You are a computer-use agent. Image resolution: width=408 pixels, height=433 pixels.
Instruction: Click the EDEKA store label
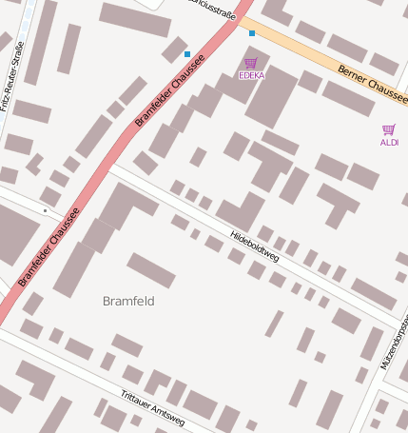[x=252, y=74]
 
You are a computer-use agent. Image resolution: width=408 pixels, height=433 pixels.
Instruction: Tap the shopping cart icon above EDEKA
[x=251, y=63]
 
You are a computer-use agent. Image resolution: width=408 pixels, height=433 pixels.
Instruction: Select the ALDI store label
[x=389, y=142]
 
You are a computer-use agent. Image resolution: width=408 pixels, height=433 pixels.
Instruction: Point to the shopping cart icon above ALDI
[x=388, y=129]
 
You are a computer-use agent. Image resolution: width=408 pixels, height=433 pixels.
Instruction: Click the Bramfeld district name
[x=128, y=301]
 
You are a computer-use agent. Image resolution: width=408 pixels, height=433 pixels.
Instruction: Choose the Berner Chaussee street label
[x=372, y=85]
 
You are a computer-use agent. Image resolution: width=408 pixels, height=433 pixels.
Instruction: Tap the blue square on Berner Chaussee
[x=252, y=33]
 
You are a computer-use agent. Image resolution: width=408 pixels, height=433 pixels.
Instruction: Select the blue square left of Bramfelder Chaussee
[x=187, y=53]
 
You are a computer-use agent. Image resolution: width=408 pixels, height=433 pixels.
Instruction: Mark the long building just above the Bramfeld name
[x=151, y=270]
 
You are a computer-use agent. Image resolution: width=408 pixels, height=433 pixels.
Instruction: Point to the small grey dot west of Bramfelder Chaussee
[x=45, y=210]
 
